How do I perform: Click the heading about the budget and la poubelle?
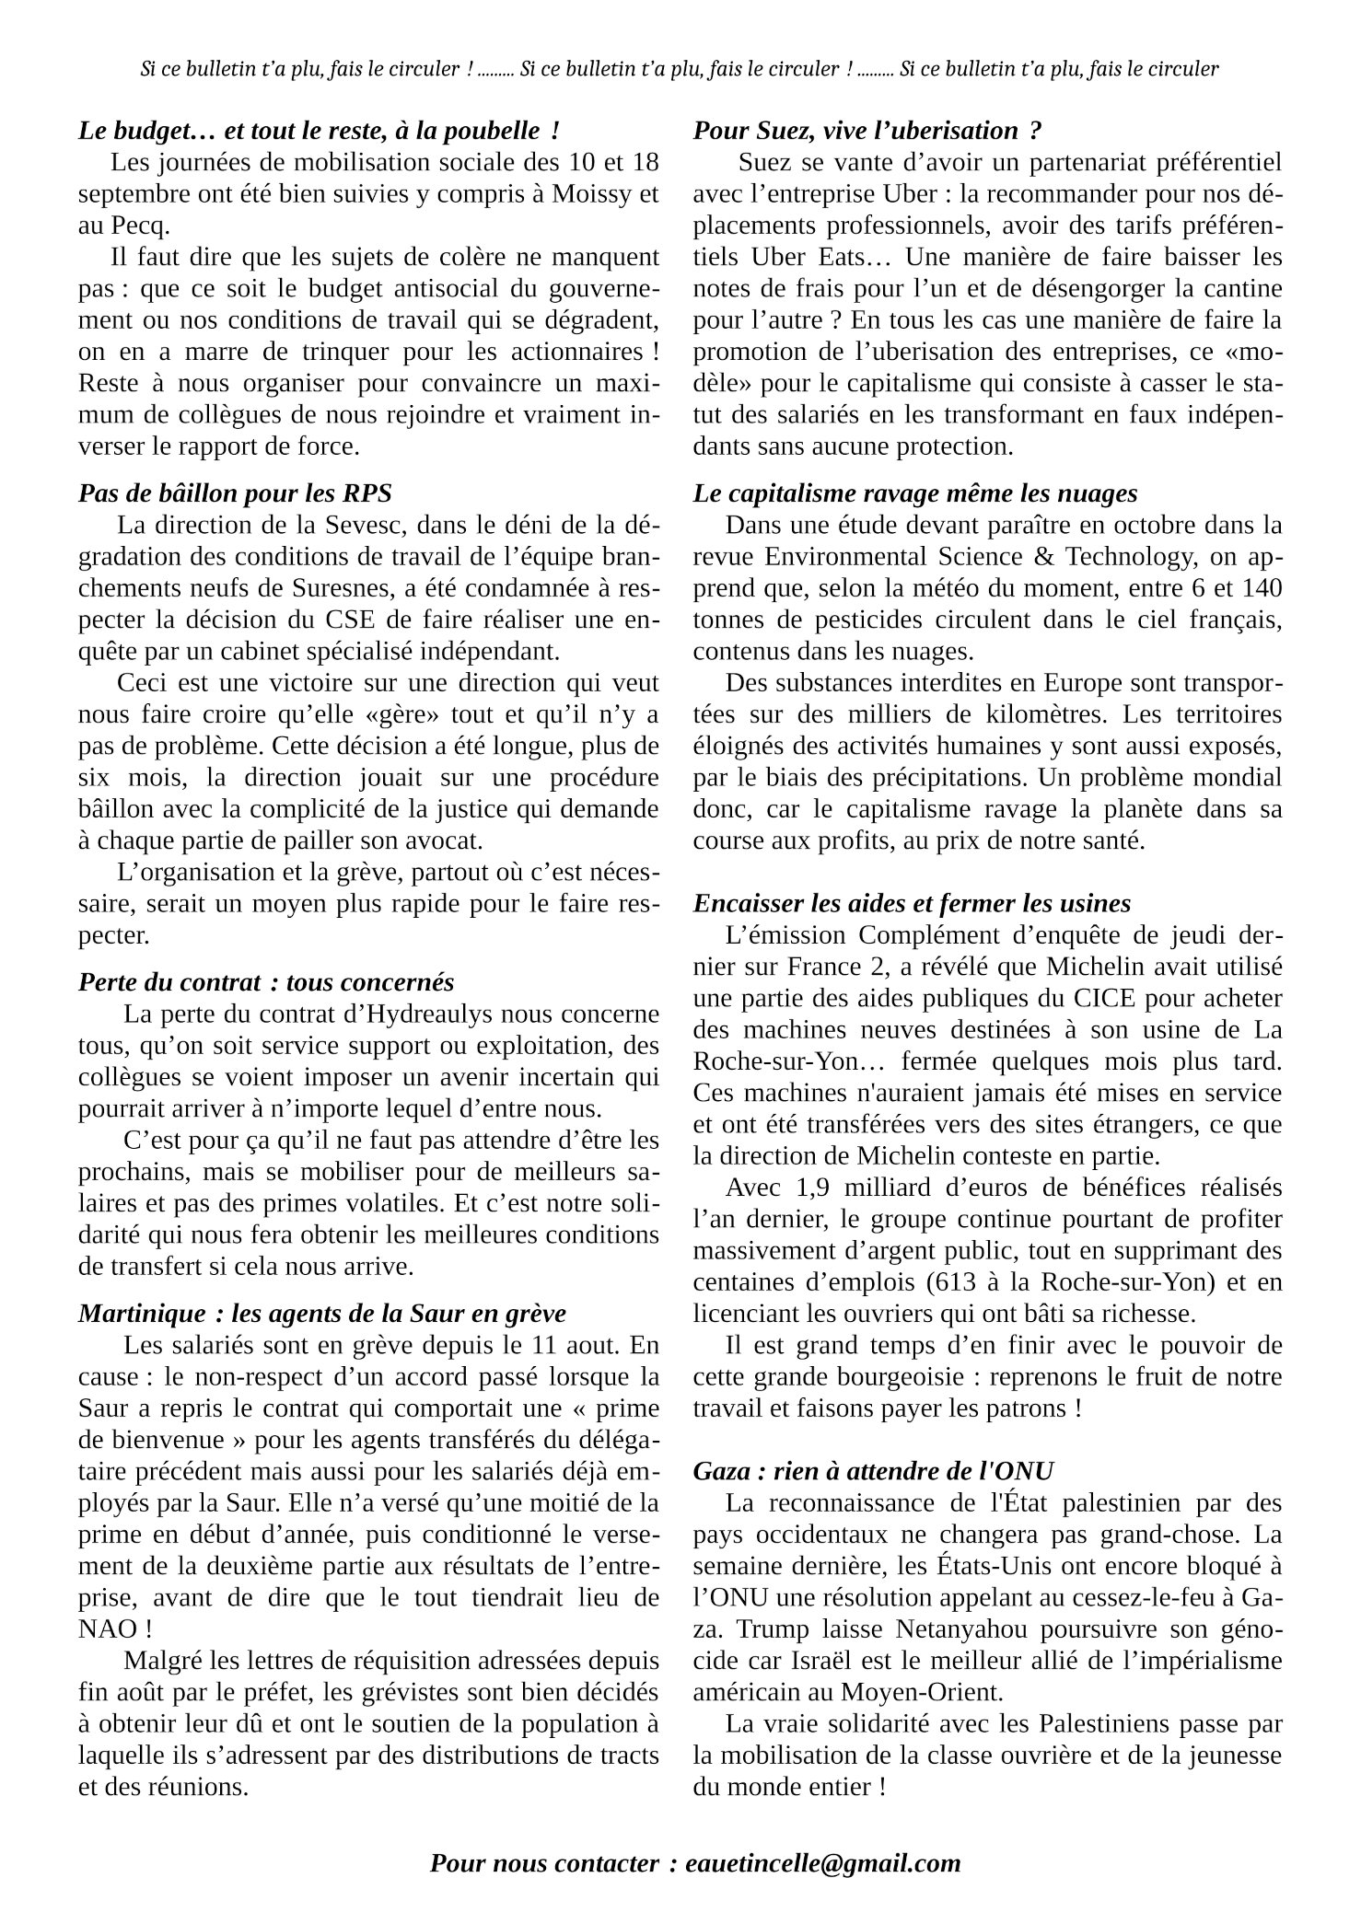(319, 132)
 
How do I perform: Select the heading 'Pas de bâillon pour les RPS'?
(235, 493)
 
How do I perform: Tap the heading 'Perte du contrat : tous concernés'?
(266, 982)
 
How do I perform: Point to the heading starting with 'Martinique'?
(322, 1313)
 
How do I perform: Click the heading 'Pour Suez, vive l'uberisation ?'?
(867, 132)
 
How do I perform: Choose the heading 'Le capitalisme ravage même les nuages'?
(915, 493)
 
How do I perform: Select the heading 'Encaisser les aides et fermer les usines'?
(912, 903)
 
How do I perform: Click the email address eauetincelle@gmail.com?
(823, 1863)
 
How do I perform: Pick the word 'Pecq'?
(122, 226)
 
